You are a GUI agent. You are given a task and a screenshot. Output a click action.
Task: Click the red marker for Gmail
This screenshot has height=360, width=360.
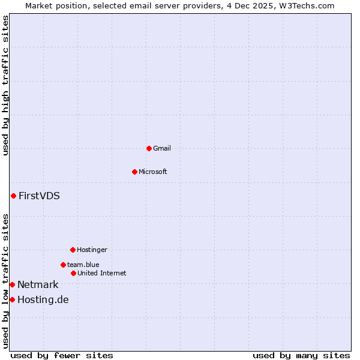tap(149, 148)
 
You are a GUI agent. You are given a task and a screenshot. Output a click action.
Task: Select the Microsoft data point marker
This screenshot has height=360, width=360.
tap(134, 172)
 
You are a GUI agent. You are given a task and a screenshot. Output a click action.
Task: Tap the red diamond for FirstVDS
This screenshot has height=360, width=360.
tap(13, 196)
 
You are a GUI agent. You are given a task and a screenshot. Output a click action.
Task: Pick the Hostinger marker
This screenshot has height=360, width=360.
tap(73, 250)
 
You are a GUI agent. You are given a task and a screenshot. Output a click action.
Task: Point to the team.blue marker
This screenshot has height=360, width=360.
tap(63, 265)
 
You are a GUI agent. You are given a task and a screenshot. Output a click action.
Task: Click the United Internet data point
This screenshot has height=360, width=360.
tap(73, 273)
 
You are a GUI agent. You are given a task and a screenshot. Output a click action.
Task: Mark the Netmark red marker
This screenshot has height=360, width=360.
tap(12, 284)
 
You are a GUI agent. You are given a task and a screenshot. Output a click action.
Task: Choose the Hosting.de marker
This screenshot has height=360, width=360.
tap(12, 299)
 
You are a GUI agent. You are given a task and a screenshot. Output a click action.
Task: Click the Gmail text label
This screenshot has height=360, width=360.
tap(162, 148)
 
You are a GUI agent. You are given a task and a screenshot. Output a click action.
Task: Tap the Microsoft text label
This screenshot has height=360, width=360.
tap(153, 172)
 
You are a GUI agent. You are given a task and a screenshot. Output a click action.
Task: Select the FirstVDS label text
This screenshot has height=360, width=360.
tap(39, 196)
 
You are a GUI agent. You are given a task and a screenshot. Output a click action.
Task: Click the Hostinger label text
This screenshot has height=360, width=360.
tap(92, 250)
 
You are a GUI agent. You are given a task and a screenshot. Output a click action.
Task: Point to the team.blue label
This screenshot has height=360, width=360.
tap(83, 265)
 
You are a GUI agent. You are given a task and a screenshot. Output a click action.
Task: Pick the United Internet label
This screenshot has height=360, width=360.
tap(102, 273)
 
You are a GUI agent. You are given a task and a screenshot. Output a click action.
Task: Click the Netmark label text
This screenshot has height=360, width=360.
tap(38, 285)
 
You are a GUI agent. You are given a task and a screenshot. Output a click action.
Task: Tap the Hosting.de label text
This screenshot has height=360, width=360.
tap(43, 300)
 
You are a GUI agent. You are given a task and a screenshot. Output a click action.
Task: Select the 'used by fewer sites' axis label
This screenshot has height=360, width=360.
tap(62, 355)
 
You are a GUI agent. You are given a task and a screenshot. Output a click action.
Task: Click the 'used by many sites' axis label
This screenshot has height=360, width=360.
tap(301, 355)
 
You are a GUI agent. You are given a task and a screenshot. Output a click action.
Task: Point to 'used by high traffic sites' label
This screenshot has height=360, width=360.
tap(5, 85)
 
